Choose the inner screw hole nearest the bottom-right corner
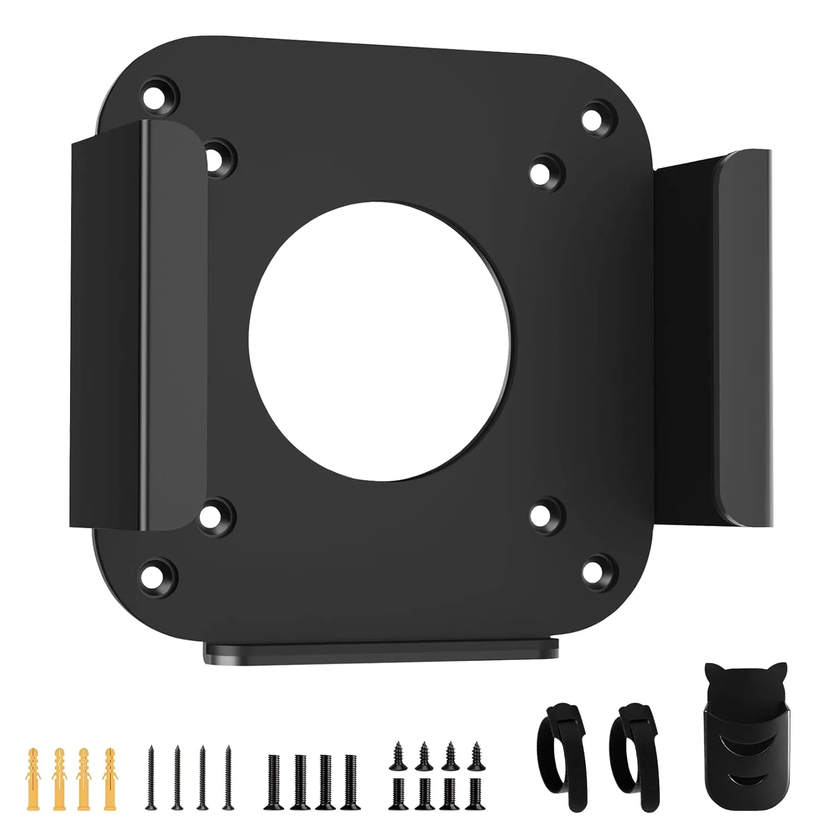(547, 514)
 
